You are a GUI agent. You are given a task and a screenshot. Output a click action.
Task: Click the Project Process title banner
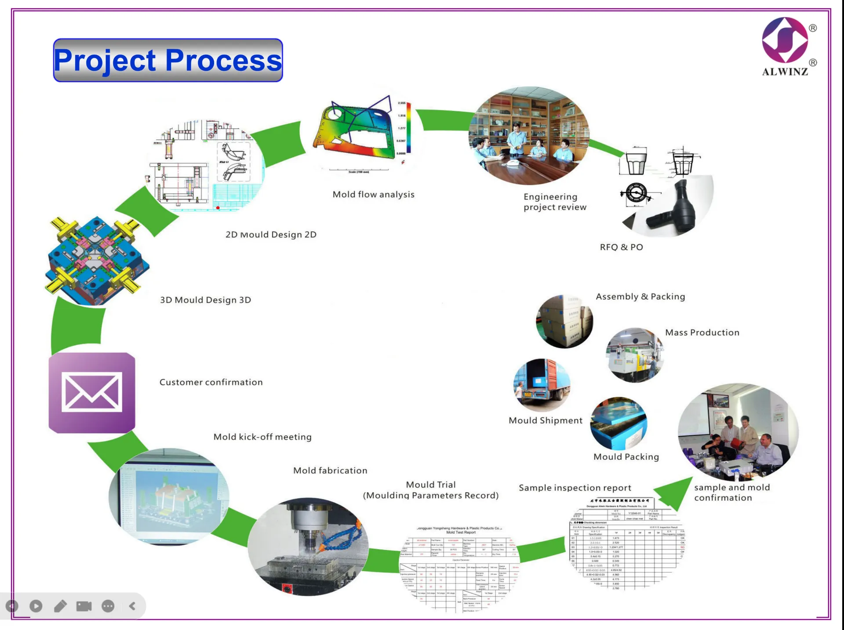[167, 60]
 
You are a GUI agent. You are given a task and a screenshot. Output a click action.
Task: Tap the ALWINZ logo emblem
[785, 40]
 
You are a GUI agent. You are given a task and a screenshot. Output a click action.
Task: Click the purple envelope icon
[92, 392]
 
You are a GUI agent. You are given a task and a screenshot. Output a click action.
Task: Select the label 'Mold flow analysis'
[373, 194]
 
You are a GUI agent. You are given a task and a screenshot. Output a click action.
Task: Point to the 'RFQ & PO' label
[621, 247]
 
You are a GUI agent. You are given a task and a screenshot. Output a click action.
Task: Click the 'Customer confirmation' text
[211, 382]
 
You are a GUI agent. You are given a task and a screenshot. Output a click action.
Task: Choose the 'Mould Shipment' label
[545, 420]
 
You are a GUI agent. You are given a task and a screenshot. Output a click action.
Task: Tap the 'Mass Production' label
[702, 333]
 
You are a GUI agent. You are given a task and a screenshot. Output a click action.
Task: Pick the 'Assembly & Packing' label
[640, 297]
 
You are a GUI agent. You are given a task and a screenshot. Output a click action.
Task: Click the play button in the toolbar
[36, 606]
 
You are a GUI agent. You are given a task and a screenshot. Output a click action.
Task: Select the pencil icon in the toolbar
[60, 606]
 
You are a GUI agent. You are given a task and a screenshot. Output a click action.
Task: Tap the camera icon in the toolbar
[84, 606]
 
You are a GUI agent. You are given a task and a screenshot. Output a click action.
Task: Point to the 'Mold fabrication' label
[330, 471]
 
